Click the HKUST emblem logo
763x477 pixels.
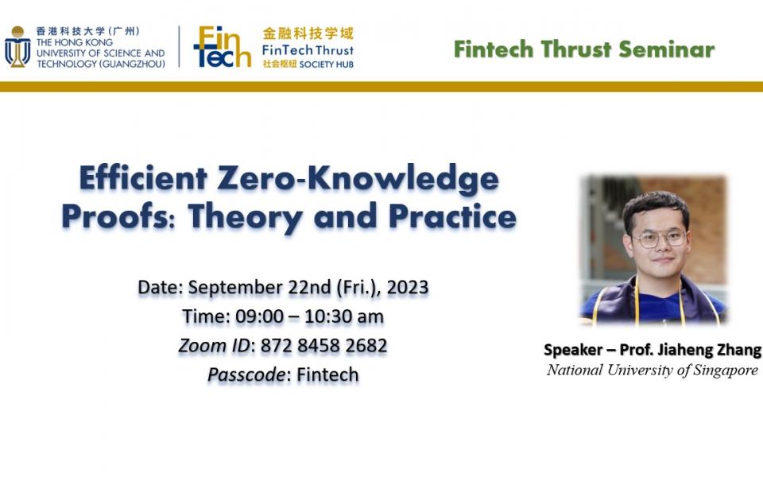17,47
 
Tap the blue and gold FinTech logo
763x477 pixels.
223,47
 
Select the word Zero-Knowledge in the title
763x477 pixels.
358,179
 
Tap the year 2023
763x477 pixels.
408,287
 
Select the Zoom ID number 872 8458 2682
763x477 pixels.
324,346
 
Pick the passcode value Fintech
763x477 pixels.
327,374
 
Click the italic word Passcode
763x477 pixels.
246,375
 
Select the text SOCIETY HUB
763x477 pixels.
327,64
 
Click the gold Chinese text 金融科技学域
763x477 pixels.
308,33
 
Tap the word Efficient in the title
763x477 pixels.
143,178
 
